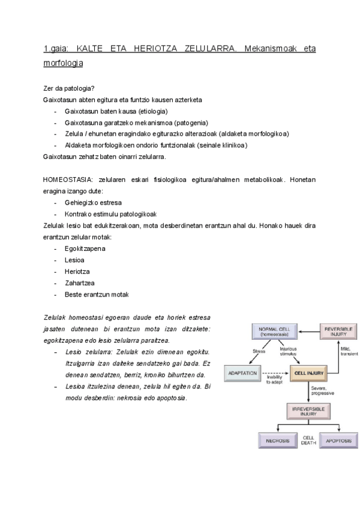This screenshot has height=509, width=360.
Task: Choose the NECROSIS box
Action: click(x=277, y=441)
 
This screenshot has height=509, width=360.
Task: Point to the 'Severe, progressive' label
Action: click(x=323, y=391)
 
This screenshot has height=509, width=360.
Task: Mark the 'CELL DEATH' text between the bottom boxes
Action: click(x=308, y=441)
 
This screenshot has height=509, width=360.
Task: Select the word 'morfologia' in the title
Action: click(x=63, y=62)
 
